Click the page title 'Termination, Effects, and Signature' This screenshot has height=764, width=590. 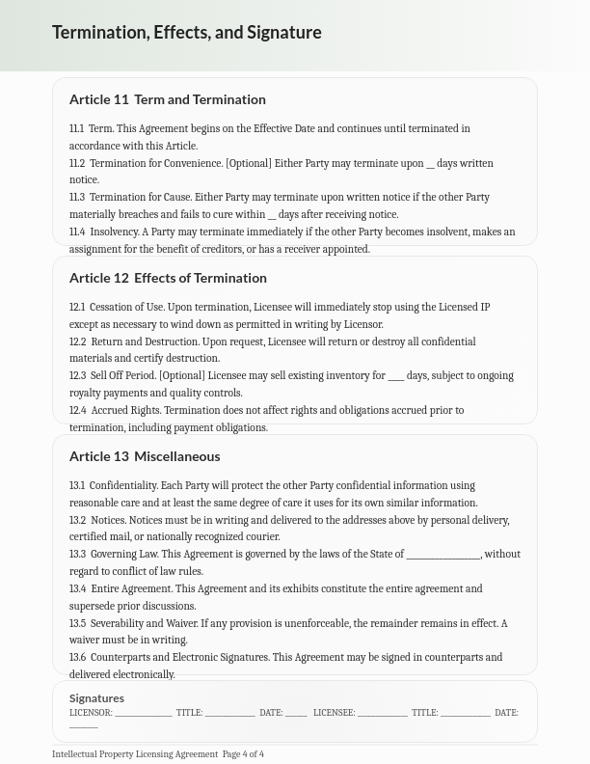tap(186, 32)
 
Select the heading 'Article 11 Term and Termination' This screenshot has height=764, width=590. tap(167, 99)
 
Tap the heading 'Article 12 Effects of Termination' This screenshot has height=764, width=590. tap(168, 278)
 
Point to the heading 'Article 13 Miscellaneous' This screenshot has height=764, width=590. tap(145, 456)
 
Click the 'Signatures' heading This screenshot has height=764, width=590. tap(96, 698)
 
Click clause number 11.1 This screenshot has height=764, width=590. tap(76, 128)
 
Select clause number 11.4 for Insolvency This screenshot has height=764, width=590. tap(77, 232)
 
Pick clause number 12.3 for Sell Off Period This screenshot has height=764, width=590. tap(77, 376)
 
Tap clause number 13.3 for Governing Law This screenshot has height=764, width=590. tap(77, 555)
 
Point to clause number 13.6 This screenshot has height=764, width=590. tap(77, 658)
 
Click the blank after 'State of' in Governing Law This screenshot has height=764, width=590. tap(442, 556)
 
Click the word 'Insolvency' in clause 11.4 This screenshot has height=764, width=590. tap(114, 232)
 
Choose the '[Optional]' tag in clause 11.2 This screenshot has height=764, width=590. tap(248, 164)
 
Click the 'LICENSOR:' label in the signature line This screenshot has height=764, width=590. tap(91, 713)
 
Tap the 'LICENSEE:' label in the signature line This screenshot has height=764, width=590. tap(334, 713)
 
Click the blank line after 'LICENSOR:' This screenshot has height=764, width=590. tap(144, 714)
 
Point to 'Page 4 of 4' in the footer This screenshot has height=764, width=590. tap(243, 754)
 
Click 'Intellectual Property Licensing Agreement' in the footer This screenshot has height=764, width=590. tap(135, 754)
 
